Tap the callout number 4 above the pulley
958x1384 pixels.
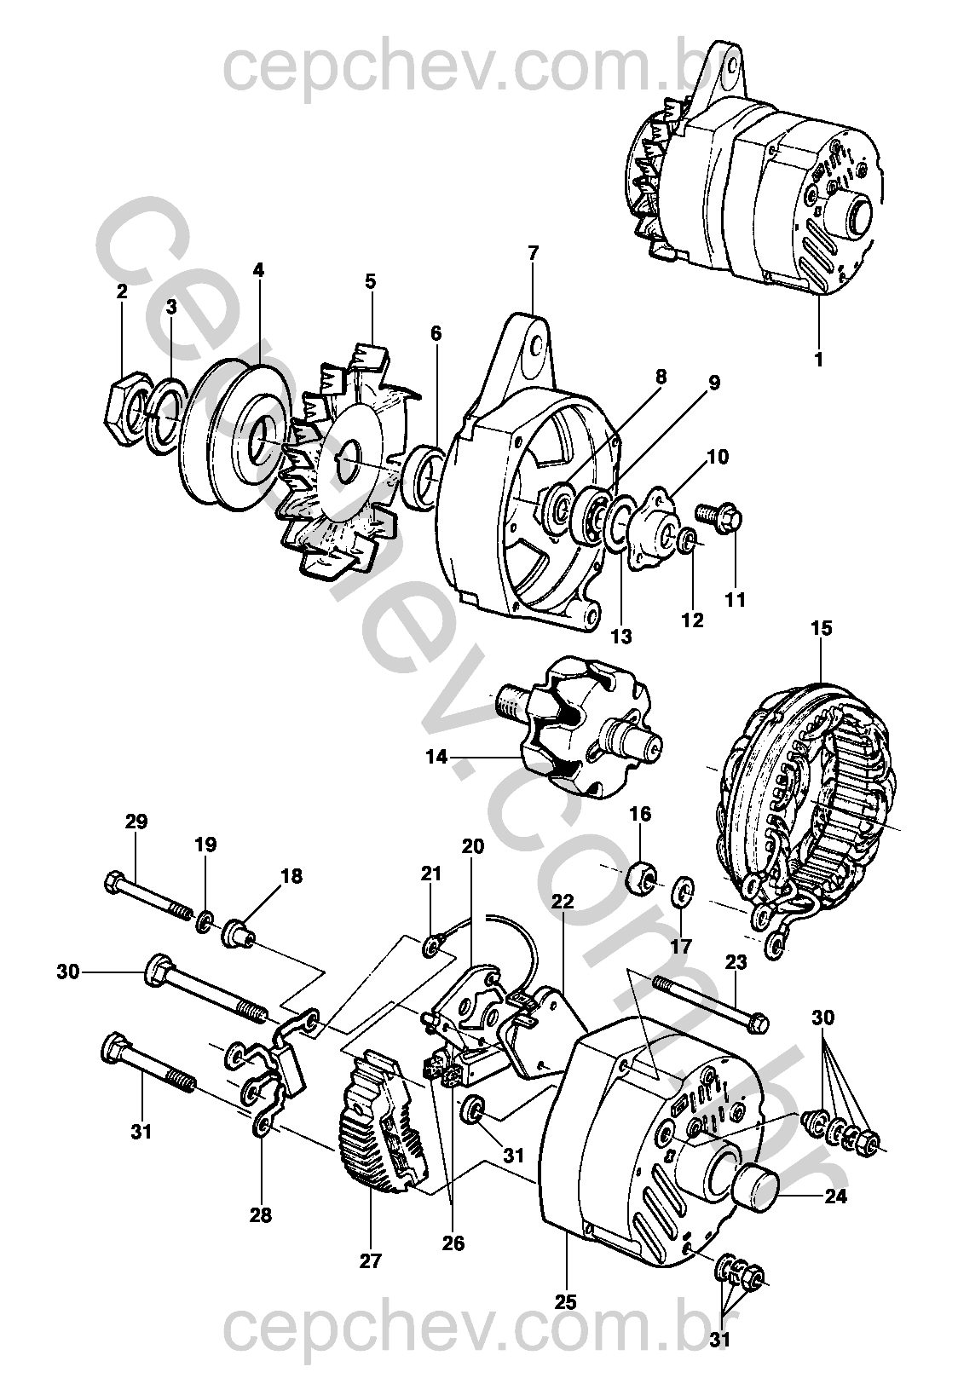[258, 271]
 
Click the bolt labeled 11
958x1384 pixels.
[719, 516]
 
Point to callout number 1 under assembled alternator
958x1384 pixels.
[818, 360]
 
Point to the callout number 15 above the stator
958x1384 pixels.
[822, 629]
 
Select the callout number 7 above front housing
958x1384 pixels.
[534, 252]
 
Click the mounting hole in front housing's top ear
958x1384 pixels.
[536, 348]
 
